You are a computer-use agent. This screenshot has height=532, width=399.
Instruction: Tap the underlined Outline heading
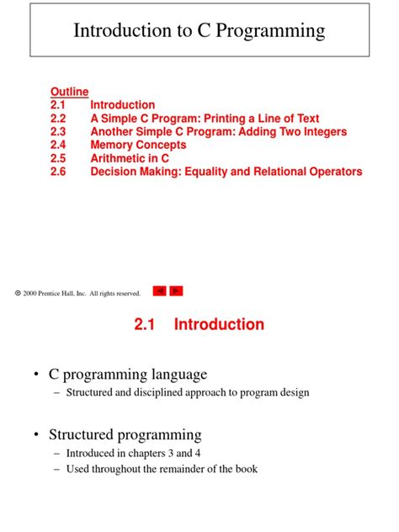[x=69, y=92]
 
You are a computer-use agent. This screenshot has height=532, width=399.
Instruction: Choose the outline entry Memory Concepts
[x=138, y=145]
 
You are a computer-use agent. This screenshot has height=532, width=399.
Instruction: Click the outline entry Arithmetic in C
[x=130, y=158]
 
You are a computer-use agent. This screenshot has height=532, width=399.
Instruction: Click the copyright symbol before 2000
[x=18, y=293]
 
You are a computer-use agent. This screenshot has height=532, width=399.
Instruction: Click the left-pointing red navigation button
[x=159, y=290]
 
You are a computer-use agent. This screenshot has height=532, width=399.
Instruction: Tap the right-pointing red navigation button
[x=176, y=290]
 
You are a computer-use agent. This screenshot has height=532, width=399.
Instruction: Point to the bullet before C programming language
[x=37, y=375]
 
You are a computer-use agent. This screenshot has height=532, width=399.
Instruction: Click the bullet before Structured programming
[x=37, y=435]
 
